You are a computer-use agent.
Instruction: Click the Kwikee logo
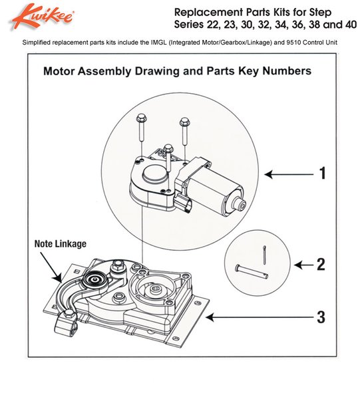(43, 16)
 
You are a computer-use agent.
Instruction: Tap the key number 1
(323, 174)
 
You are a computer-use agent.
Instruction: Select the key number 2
(321, 265)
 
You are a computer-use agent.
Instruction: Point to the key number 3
(321, 317)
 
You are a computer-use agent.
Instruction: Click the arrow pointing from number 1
(289, 174)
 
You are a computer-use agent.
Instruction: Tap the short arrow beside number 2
(303, 265)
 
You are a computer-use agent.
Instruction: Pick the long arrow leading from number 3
(260, 317)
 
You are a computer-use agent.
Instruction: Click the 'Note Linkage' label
(61, 244)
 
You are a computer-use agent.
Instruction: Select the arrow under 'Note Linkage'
(51, 267)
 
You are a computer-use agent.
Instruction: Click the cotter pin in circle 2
(265, 255)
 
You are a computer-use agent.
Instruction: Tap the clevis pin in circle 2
(252, 271)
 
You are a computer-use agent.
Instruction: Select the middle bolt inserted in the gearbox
(168, 158)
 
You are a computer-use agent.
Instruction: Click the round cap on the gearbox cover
(154, 173)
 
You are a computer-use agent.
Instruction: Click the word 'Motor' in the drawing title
(59, 70)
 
